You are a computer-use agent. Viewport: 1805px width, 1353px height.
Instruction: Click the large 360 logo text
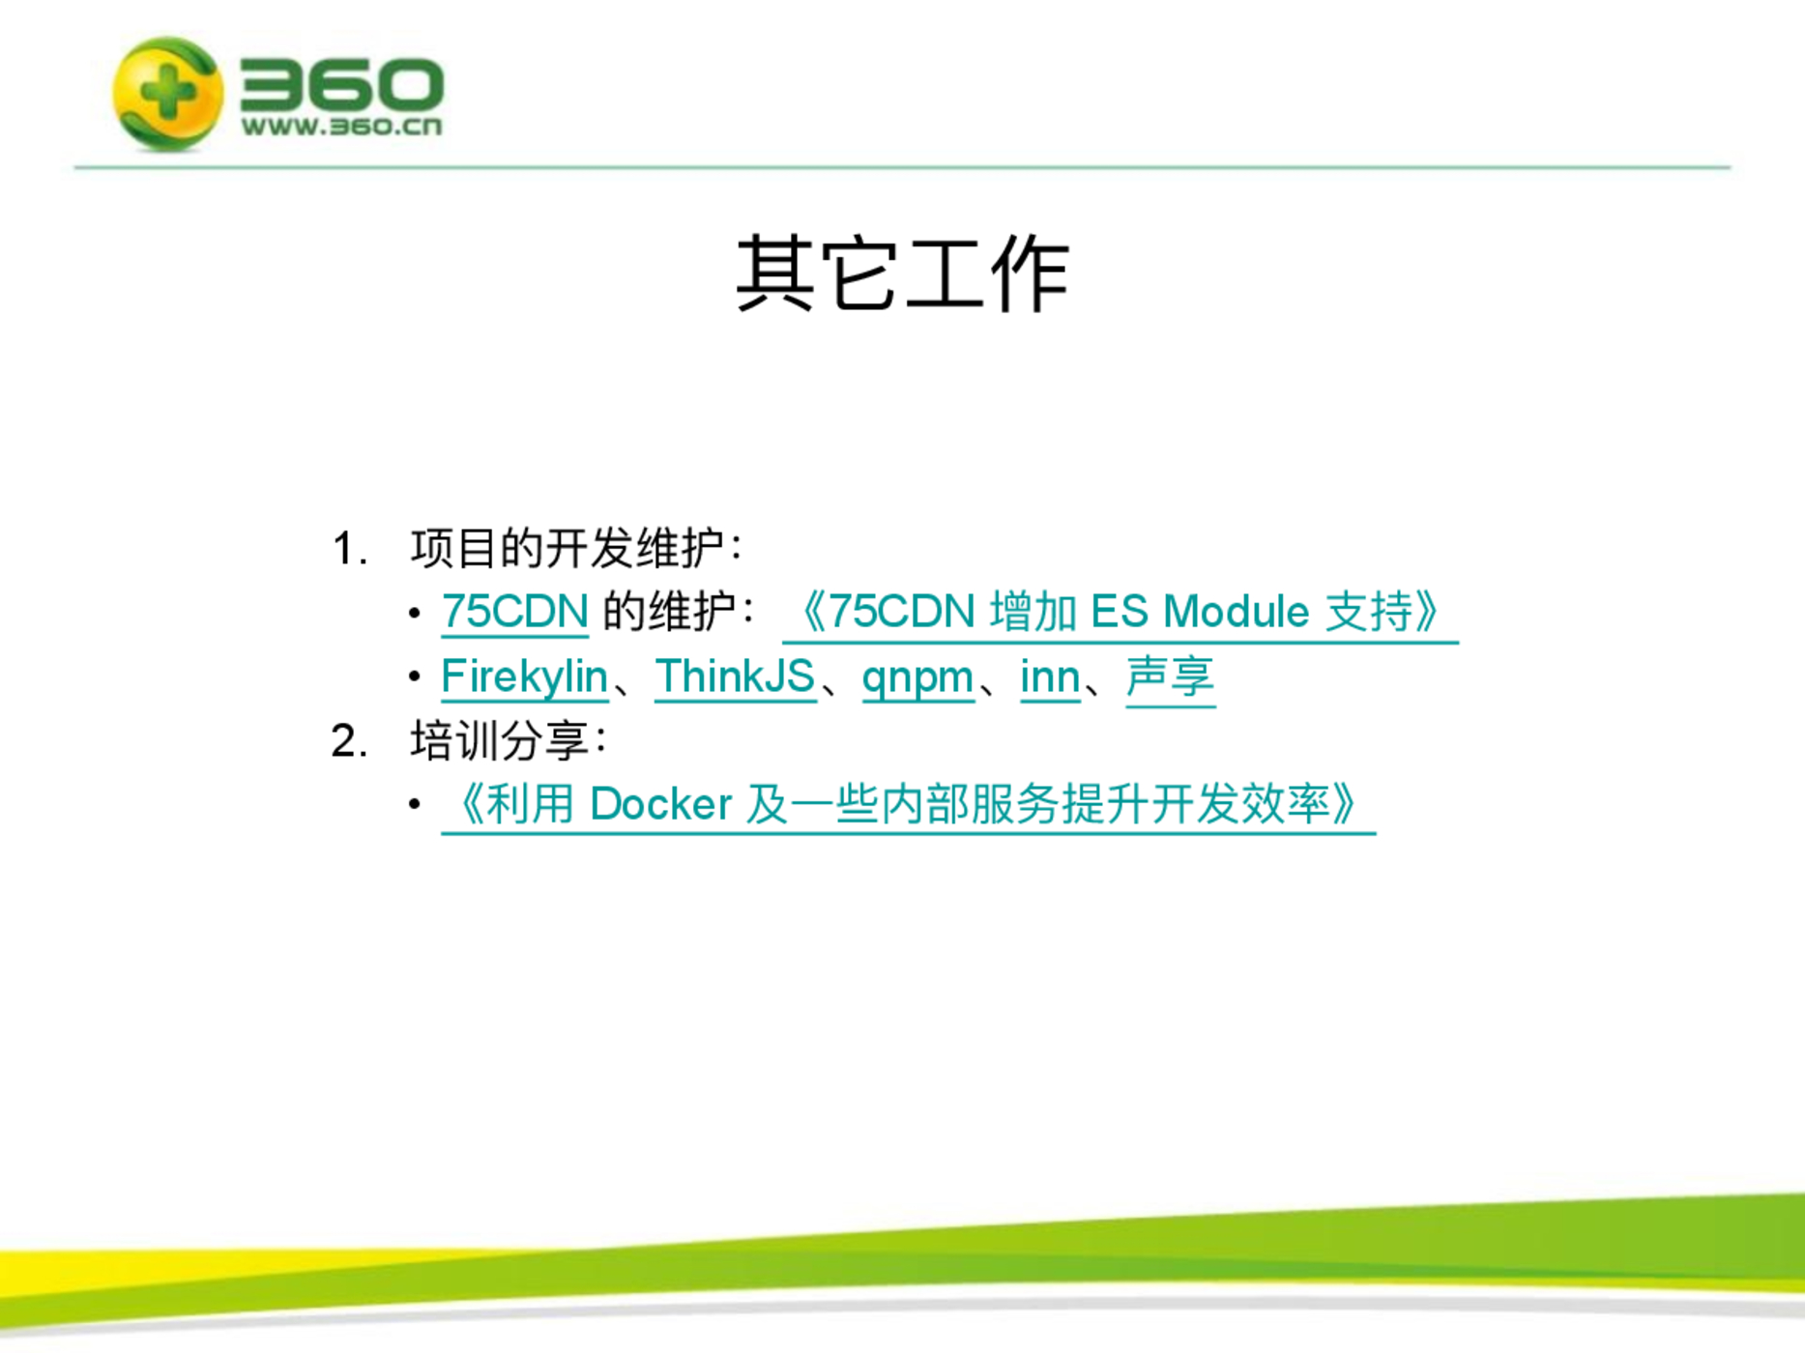click(x=342, y=84)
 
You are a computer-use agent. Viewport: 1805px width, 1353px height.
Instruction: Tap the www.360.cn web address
click(x=342, y=126)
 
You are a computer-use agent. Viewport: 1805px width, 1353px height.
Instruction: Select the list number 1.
click(x=349, y=549)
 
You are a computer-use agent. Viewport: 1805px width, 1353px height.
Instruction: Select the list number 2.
click(x=349, y=741)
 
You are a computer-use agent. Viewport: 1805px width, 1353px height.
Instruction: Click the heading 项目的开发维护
click(x=567, y=548)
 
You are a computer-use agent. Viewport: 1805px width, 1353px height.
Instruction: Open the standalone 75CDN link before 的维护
click(x=514, y=612)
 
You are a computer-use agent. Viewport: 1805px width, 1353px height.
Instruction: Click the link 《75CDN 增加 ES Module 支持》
click(x=1120, y=612)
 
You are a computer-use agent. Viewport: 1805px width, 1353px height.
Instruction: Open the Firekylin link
click(x=524, y=676)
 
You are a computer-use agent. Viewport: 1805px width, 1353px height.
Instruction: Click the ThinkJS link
click(x=735, y=676)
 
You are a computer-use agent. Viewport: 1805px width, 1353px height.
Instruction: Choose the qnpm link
click(x=917, y=677)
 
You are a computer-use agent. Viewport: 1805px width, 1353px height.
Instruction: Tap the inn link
click(x=1050, y=676)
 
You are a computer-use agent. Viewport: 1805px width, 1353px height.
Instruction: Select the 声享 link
click(x=1171, y=676)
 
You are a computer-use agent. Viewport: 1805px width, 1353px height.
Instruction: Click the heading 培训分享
click(x=500, y=741)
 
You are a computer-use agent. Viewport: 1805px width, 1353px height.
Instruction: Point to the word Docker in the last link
click(x=660, y=804)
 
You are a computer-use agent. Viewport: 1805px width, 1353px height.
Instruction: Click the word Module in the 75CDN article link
click(x=1236, y=612)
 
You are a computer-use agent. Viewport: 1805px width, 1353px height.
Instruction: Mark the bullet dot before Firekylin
click(x=415, y=677)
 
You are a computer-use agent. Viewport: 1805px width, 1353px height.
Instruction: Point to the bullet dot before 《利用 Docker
click(x=415, y=804)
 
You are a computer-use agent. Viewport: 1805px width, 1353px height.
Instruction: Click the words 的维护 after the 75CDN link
click(x=669, y=612)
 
